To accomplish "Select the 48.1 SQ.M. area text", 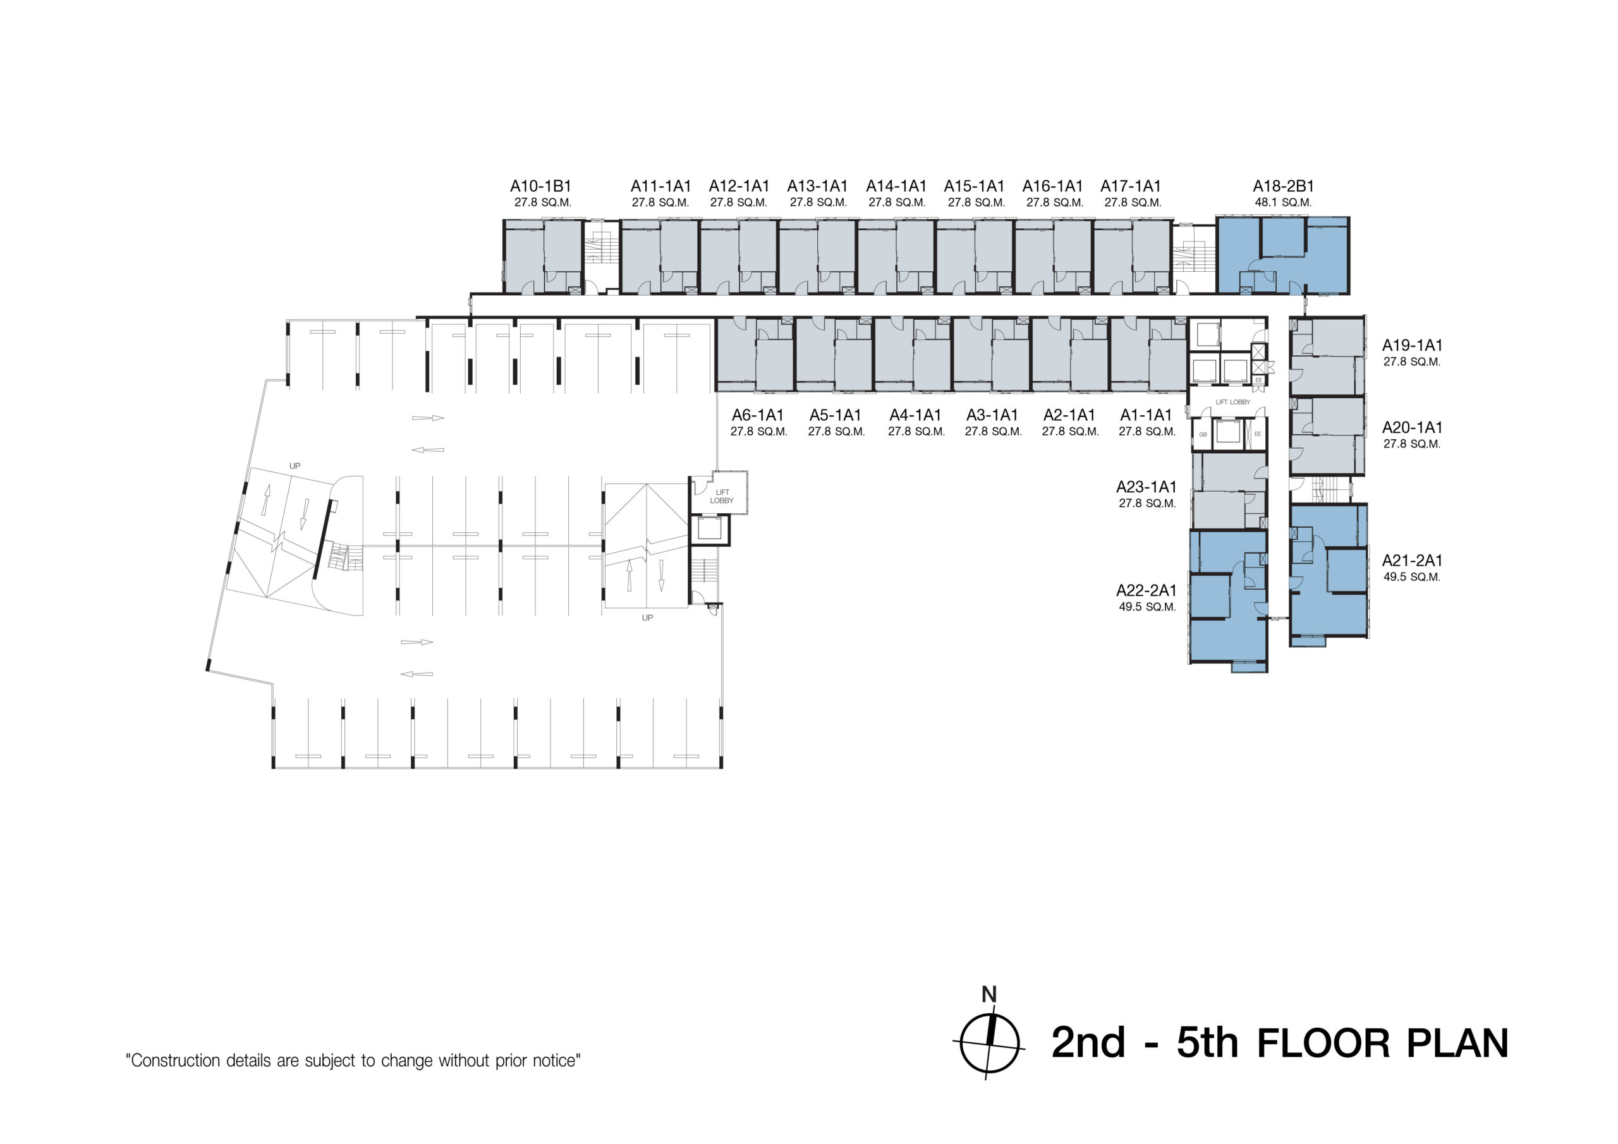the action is [1282, 203].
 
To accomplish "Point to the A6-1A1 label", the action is [758, 416].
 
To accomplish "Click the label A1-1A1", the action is [1146, 416].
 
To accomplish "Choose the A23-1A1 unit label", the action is [1146, 487].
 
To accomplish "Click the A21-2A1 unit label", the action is [1411, 561].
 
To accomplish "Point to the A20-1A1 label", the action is [1411, 428].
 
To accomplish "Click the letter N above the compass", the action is [989, 995].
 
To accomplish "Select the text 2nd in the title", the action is [1088, 1044].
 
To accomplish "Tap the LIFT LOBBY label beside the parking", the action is [722, 496].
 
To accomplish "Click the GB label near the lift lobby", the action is [1203, 435].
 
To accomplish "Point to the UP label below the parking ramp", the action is [647, 618].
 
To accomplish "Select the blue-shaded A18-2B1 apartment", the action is [1282, 255].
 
